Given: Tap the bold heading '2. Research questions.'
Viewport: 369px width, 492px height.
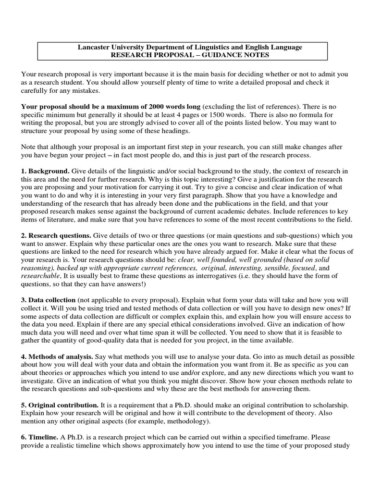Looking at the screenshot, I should point(56,236).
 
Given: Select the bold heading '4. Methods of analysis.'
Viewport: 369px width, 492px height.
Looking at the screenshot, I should point(57,357).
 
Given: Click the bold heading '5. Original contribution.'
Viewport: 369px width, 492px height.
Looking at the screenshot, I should point(60,406).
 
